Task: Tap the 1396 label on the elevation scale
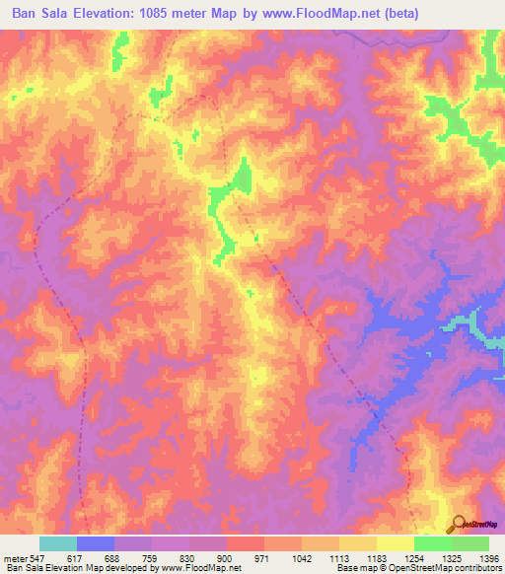tap(488, 558)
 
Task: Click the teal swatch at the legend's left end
tap(58, 543)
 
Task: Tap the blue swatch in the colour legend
tap(96, 543)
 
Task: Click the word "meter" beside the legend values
tap(17, 558)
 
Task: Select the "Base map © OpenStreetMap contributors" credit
tap(418, 568)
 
